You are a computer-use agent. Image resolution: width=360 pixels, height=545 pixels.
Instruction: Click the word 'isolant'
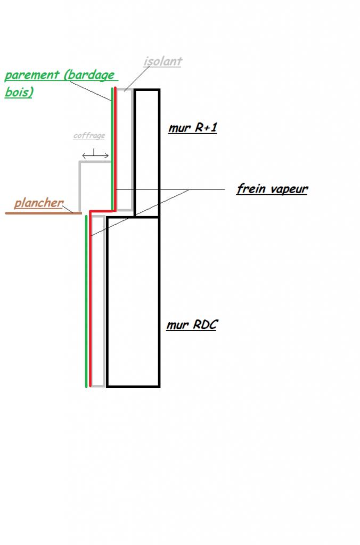tap(162, 61)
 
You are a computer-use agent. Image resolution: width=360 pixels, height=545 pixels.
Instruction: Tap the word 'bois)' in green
tap(19, 92)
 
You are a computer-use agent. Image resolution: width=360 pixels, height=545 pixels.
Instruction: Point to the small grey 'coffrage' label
tap(89, 136)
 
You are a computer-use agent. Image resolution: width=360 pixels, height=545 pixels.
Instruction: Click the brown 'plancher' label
tap(38, 203)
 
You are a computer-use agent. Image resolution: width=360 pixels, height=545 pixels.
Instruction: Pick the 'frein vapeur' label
tap(272, 189)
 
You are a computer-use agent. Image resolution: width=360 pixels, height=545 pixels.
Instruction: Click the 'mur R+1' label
tap(192, 128)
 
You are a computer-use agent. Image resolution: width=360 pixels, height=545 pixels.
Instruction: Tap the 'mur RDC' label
tap(191, 325)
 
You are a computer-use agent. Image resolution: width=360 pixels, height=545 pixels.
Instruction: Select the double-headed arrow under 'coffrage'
tap(95, 155)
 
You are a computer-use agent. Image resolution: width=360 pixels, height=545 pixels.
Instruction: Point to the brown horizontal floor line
tap(43, 213)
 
